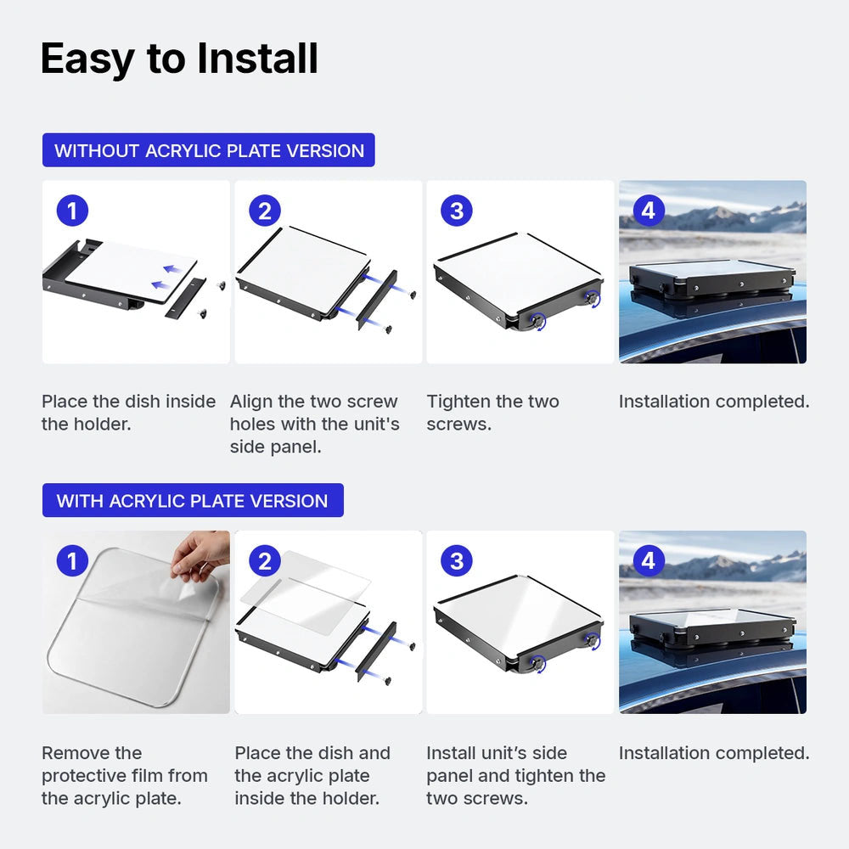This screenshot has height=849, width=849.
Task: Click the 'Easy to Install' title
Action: (x=179, y=59)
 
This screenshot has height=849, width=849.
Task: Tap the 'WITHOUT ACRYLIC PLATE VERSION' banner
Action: (x=209, y=150)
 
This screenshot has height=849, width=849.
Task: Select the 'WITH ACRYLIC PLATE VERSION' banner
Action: (x=193, y=500)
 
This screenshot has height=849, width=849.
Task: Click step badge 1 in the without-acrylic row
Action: (x=72, y=210)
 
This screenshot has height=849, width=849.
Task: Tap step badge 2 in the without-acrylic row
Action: (x=265, y=210)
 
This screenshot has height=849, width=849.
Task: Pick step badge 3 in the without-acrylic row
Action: (x=457, y=210)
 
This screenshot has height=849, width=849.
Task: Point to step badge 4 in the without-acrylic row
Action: (x=649, y=210)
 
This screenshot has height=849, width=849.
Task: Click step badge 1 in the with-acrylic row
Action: (x=72, y=560)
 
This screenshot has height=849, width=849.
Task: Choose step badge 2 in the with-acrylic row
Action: (x=265, y=560)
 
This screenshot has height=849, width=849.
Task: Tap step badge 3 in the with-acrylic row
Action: (x=457, y=560)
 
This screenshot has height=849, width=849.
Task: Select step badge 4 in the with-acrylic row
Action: (x=649, y=560)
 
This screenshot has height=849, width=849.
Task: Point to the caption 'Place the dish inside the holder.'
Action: (x=129, y=413)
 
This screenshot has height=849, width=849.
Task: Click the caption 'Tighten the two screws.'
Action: (x=492, y=413)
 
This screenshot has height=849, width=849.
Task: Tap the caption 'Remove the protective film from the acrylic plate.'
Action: (x=125, y=775)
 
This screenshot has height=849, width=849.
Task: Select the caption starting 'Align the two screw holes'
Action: (x=315, y=424)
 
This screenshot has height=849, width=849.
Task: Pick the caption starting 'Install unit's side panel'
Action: (x=515, y=775)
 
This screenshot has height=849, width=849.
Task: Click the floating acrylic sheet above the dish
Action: (x=306, y=593)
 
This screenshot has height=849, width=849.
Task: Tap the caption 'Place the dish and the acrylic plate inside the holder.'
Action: (x=312, y=775)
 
